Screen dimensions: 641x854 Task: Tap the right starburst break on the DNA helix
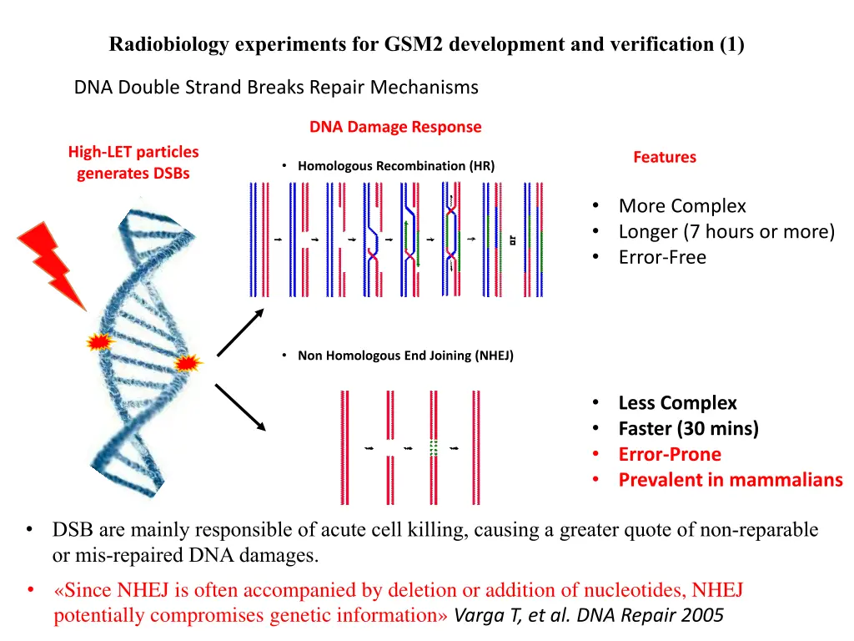point(187,363)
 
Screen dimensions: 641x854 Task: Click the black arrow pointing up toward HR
point(240,331)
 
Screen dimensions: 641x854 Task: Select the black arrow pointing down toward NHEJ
point(240,407)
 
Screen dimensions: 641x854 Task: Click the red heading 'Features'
point(664,157)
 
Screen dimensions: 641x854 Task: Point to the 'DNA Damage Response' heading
point(395,127)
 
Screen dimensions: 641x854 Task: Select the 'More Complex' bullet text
point(682,206)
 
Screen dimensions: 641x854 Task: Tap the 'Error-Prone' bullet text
point(670,454)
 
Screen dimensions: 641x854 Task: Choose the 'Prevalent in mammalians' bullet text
point(730,480)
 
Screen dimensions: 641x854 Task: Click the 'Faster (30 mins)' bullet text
point(688,429)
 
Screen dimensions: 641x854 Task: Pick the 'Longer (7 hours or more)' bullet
point(726,231)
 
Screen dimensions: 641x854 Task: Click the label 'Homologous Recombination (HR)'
point(395,166)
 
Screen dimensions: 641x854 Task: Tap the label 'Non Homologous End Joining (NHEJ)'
point(405,356)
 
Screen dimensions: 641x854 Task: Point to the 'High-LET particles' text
point(133,152)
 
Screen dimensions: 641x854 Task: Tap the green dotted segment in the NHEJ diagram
point(433,448)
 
